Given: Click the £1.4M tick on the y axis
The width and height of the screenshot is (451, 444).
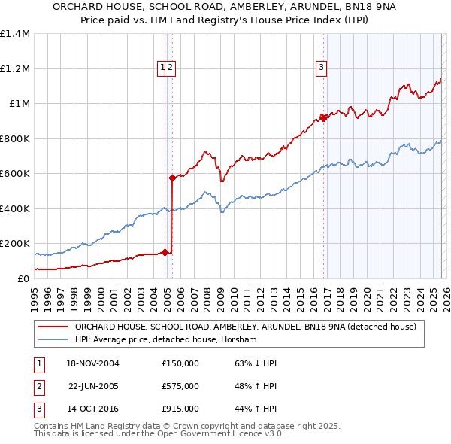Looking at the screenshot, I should pyautogui.click(x=15, y=34).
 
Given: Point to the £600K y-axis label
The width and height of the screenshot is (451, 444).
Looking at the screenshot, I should pyautogui.click(x=15, y=173).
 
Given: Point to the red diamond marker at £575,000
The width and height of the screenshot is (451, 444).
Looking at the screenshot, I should pyautogui.click(x=172, y=178).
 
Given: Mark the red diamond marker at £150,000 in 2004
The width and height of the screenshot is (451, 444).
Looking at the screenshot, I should pyautogui.click(x=165, y=252).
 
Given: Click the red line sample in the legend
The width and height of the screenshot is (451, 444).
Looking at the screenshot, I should pyautogui.click(x=53, y=327).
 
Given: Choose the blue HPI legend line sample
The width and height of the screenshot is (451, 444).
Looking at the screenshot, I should pyautogui.click(x=53, y=340).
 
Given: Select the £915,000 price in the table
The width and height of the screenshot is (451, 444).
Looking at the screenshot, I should pyautogui.click(x=180, y=409).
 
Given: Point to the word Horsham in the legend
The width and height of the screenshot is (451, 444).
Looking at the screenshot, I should pyautogui.click(x=240, y=340).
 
